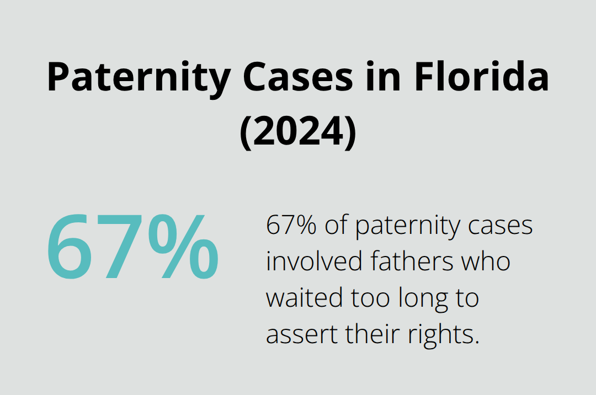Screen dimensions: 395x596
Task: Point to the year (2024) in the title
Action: pyautogui.click(x=298, y=132)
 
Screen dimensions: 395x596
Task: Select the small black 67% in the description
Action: pyautogui.click(x=292, y=226)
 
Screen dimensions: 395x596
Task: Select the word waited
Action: pyautogui.click(x=303, y=298)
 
